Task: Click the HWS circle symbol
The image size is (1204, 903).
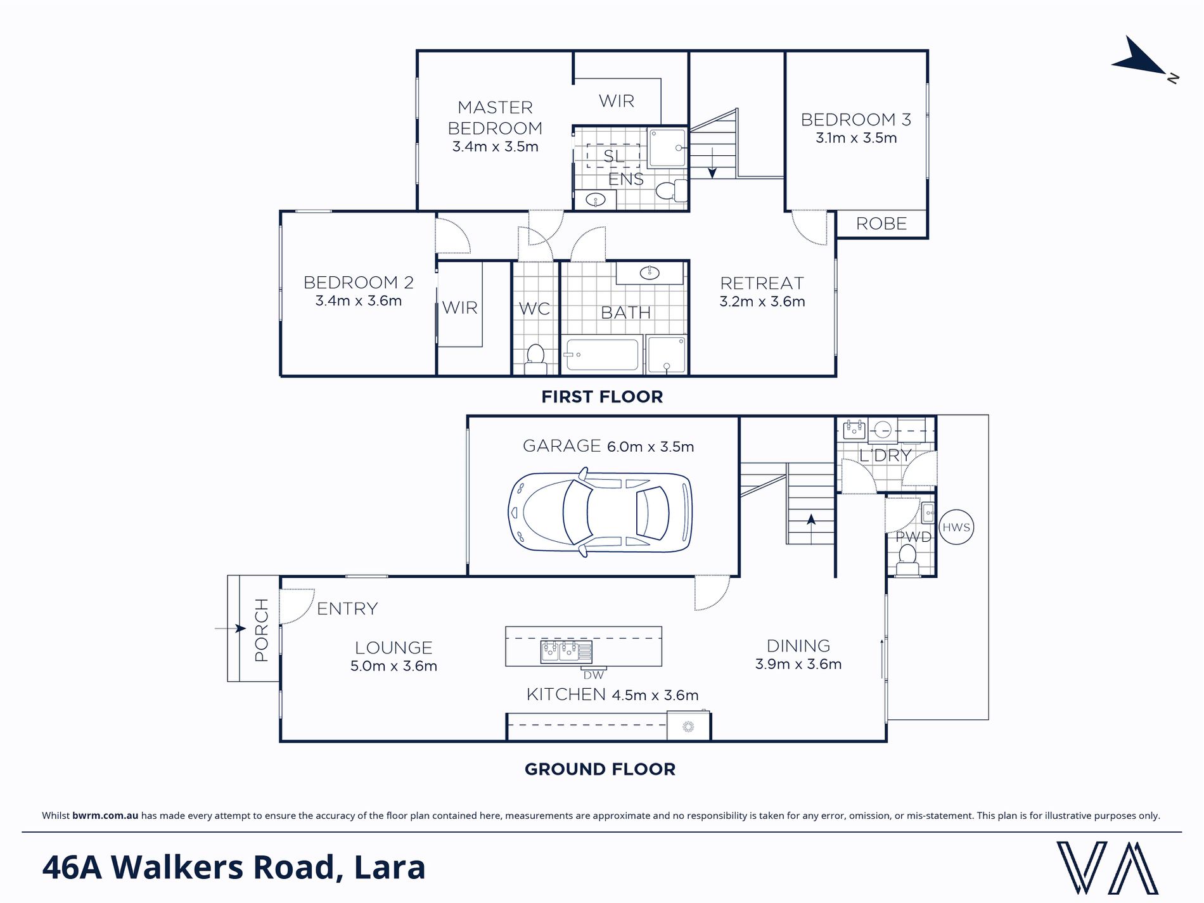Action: click(x=956, y=527)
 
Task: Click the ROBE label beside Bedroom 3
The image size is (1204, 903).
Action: click(x=881, y=224)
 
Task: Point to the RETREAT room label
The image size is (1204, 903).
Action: click(x=762, y=283)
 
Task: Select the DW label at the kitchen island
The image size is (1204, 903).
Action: click(x=594, y=676)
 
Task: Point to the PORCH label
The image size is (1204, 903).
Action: click(x=261, y=630)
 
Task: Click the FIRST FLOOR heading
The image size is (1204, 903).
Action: click(x=602, y=397)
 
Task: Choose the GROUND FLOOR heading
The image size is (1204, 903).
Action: click(x=600, y=769)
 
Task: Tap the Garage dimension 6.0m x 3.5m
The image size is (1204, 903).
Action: click(x=650, y=447)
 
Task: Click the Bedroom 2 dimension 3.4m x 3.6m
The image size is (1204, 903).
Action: click(x=359, y=301)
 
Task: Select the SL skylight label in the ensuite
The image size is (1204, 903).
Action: click(x=613, y=156)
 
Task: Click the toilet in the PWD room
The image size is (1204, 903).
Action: click(x=907, y=560)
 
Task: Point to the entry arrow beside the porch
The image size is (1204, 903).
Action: click(x=230, y=629)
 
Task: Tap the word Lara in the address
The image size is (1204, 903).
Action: click(x=390, y=868)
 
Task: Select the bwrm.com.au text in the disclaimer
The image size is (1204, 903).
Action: click(x=105, y=816)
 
